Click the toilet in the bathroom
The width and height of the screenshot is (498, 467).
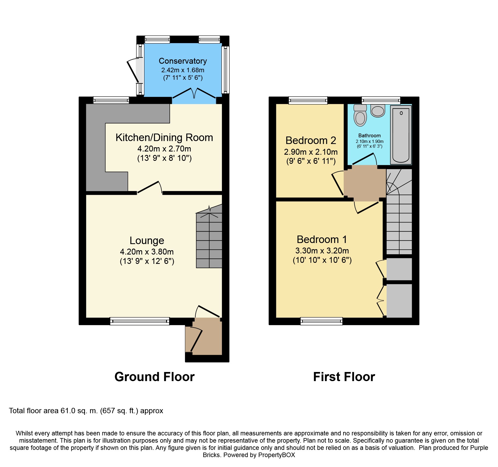click(x=360, y=115)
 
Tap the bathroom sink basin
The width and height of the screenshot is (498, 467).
click(x=378, y=111)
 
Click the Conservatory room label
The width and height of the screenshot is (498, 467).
click(x=183, y=61)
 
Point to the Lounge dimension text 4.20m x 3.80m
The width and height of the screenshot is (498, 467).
click(x=147, y=252)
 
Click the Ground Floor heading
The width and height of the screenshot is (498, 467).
click(x=154, y=377)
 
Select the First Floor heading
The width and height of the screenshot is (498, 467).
click(x=344, y=377)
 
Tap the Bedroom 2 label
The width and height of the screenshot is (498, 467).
click(x=311, y=141)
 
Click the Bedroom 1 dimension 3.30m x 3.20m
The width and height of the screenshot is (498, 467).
click(x=322, y=251)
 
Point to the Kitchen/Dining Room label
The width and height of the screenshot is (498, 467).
click(x=164, y=138)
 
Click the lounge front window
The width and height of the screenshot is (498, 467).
click(x=140, y=321)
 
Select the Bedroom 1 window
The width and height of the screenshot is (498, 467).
click(x=322, y=321)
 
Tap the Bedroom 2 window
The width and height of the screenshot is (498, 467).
click(x=308, y=100)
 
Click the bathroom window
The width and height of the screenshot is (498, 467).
click(x=381, y=100)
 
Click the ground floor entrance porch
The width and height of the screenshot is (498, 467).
click(x=204, y=336)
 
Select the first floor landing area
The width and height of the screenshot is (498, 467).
click(x=365, y=183)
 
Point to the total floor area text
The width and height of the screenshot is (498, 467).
click(x=86, y=411)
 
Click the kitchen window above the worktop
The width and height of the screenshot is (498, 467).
click(x=111, y=100)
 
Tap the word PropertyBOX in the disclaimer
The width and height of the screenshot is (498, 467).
click(x=277, y=455)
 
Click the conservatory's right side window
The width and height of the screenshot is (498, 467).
click(x=226, y=70)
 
